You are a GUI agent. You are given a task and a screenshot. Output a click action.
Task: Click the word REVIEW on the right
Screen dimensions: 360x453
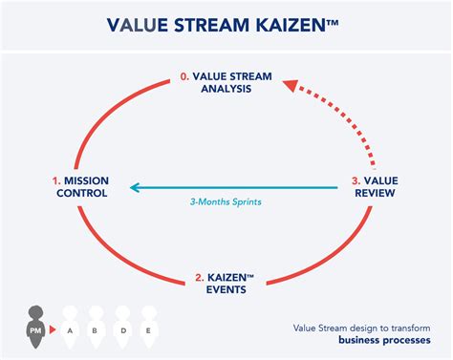[375, 193]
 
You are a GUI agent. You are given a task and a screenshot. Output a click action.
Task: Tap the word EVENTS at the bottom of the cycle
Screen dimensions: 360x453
[226, 291]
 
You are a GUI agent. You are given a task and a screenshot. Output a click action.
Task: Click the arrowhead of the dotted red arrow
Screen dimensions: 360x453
[286, 85]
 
